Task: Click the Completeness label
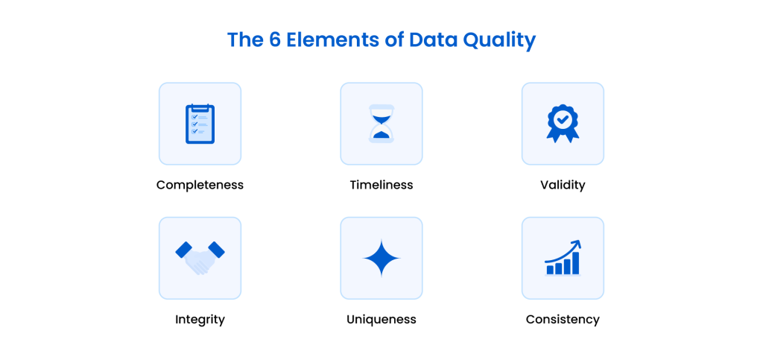coord(200,185)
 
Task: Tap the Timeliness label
coord(381,185)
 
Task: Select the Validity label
coord(563,185)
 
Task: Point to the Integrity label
coord(200,319)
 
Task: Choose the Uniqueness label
coord(381,319)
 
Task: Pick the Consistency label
coord(563,319)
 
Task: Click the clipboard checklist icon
coord(200,124)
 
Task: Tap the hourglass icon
coord(381,124)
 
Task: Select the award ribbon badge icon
coord(563,123)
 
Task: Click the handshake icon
coord(200,257)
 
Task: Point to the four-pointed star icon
coord(381,258)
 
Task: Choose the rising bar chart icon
coord(563,258)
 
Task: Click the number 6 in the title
coord(273,40)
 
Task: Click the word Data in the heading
coord(428,40)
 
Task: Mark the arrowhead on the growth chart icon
coord(577,244)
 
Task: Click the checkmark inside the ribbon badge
coord(563,119)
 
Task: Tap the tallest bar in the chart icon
coord(575,263)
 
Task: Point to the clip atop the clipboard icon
coord(200,107)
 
